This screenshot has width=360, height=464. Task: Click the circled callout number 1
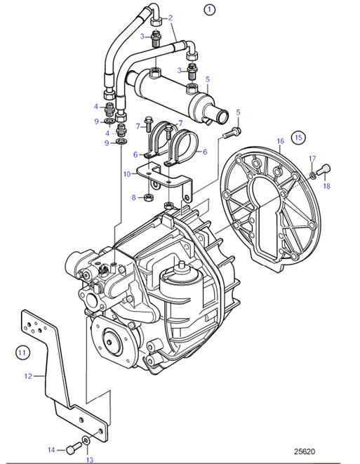click(208, 10)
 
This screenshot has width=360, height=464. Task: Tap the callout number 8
click(133, 198)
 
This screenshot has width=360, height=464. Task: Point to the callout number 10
click(126, 173)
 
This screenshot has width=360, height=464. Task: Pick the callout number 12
click(28, 376)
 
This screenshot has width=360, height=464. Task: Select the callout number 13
click(89, 460)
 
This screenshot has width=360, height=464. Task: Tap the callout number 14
click(51, 449)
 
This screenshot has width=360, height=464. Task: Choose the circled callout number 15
click(298, 137)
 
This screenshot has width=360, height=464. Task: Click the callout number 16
click(280, 142)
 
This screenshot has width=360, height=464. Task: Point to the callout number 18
click(326, 186)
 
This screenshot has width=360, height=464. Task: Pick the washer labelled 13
click(86, 442)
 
